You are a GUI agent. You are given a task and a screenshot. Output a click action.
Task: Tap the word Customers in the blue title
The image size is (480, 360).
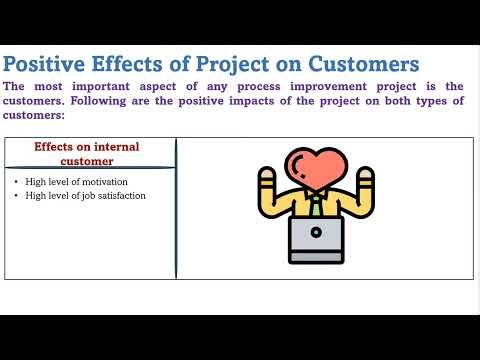(x=355, y=64)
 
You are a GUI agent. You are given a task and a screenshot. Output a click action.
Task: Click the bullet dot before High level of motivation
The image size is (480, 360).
(x=17, y=181)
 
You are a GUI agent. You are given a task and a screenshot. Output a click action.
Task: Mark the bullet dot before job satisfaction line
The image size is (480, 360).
(x=17, y=195)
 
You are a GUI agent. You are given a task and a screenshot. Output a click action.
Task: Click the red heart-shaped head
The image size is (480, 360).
(x=313, y=165)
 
